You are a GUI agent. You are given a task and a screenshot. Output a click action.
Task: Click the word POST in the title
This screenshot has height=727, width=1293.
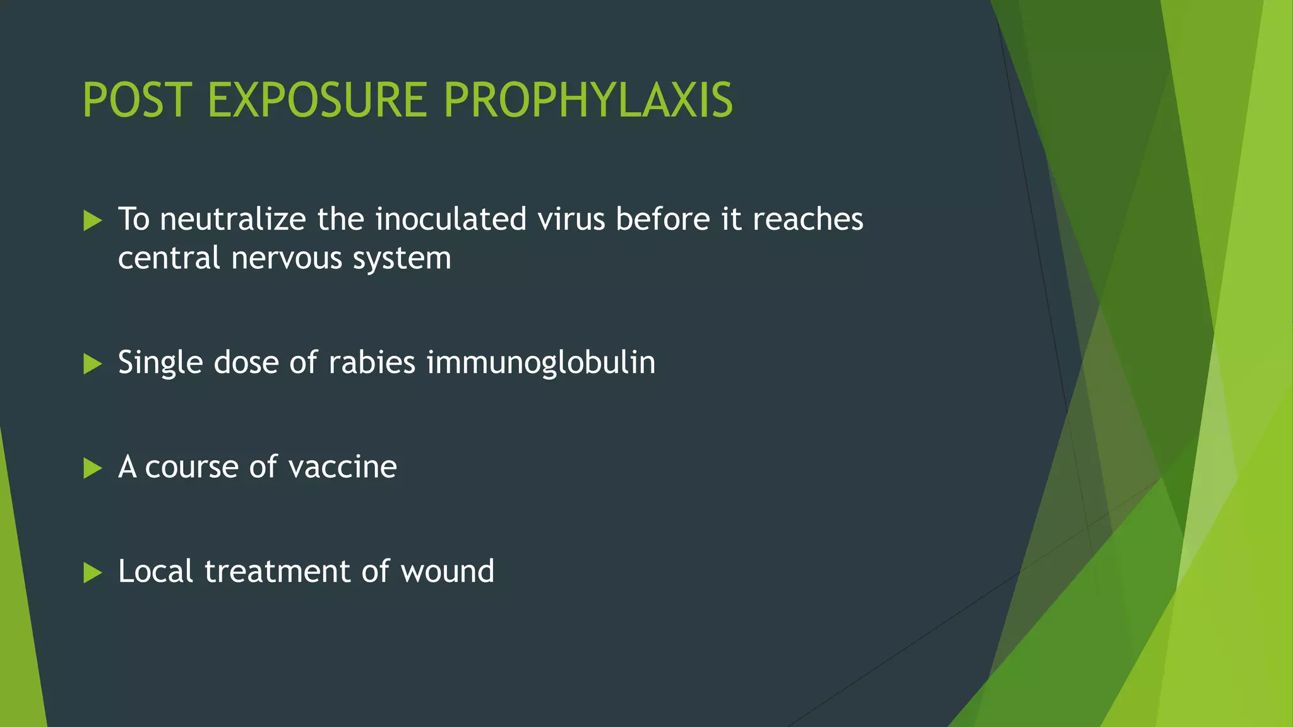(137, 100)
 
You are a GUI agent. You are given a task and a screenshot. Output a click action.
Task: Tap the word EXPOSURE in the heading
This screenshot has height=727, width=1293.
(317, 100)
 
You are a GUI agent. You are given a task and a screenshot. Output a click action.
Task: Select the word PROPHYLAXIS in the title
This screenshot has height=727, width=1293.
(588, 100)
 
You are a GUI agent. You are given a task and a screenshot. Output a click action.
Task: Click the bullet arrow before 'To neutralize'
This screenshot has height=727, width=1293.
(92, 220)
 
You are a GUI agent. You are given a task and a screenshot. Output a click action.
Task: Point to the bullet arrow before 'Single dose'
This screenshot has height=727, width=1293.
(92, 363)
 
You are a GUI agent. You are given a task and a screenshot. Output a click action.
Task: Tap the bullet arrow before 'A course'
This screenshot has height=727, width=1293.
(92, 468)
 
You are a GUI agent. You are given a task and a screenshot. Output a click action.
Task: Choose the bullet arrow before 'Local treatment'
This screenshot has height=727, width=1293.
(92, 572)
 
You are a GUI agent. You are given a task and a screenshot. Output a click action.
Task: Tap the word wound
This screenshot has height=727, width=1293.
(447, 572)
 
